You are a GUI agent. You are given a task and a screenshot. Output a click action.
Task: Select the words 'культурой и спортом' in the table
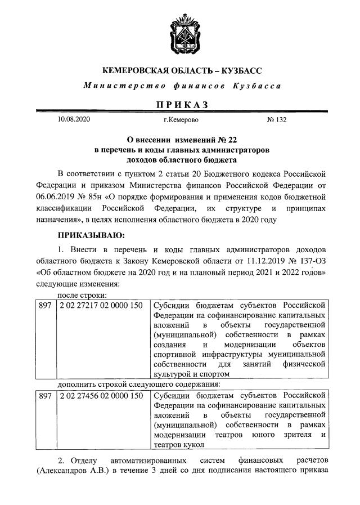click(191, 373)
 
